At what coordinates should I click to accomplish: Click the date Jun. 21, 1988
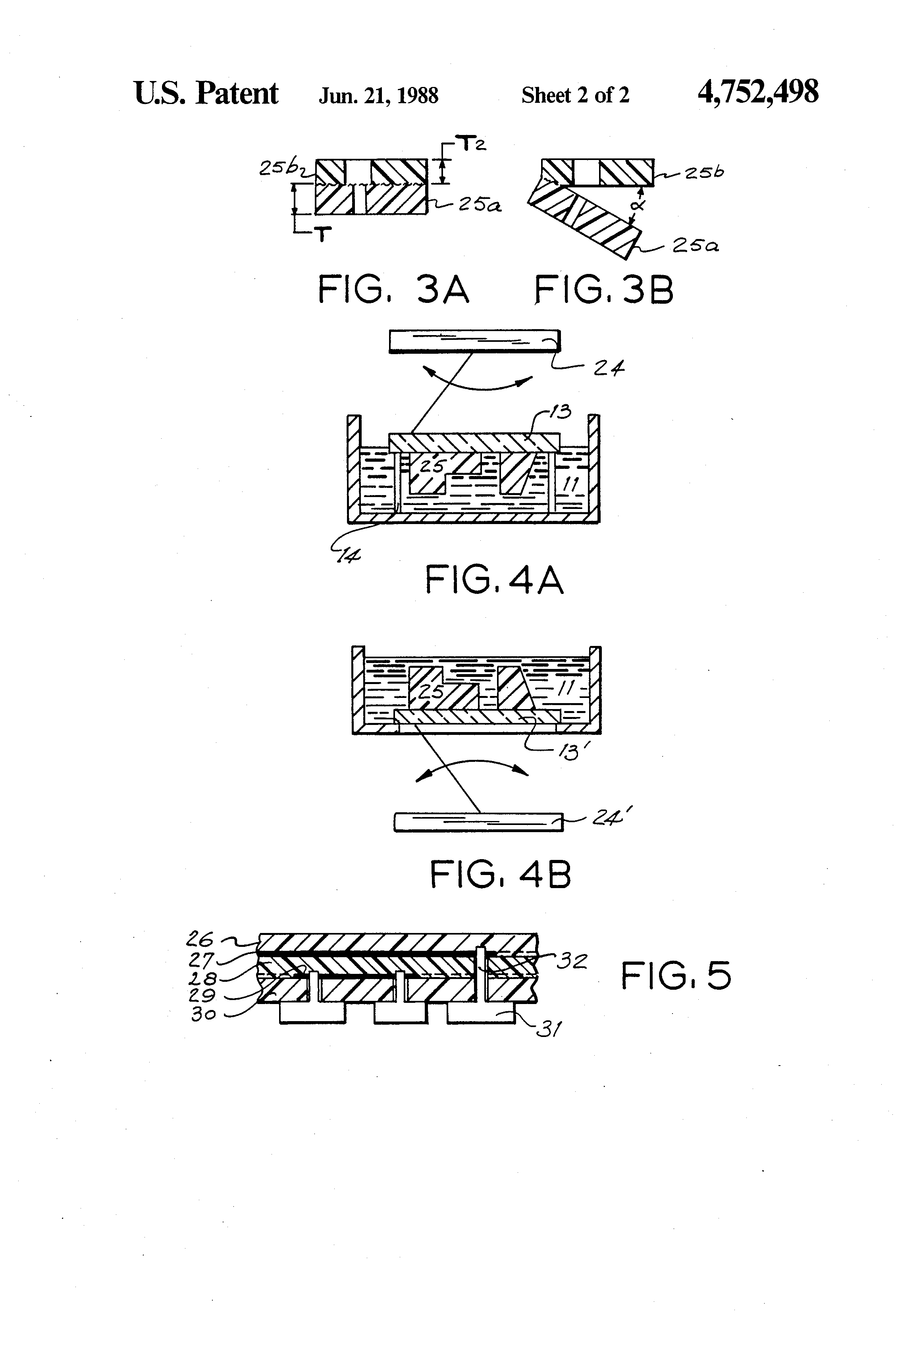pos(378,95)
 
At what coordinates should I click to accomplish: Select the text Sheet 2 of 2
pos(575,95)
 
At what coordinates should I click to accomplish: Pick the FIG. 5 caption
pos(675,976)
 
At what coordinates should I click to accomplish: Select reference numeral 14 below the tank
pos(348,556)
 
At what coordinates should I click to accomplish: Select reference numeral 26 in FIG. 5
pos(200,939)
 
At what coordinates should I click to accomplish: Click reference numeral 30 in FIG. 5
pos(203,1014)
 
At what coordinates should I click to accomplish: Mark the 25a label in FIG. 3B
pos(695,246)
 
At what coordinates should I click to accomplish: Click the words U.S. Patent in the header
pos(206,93)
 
